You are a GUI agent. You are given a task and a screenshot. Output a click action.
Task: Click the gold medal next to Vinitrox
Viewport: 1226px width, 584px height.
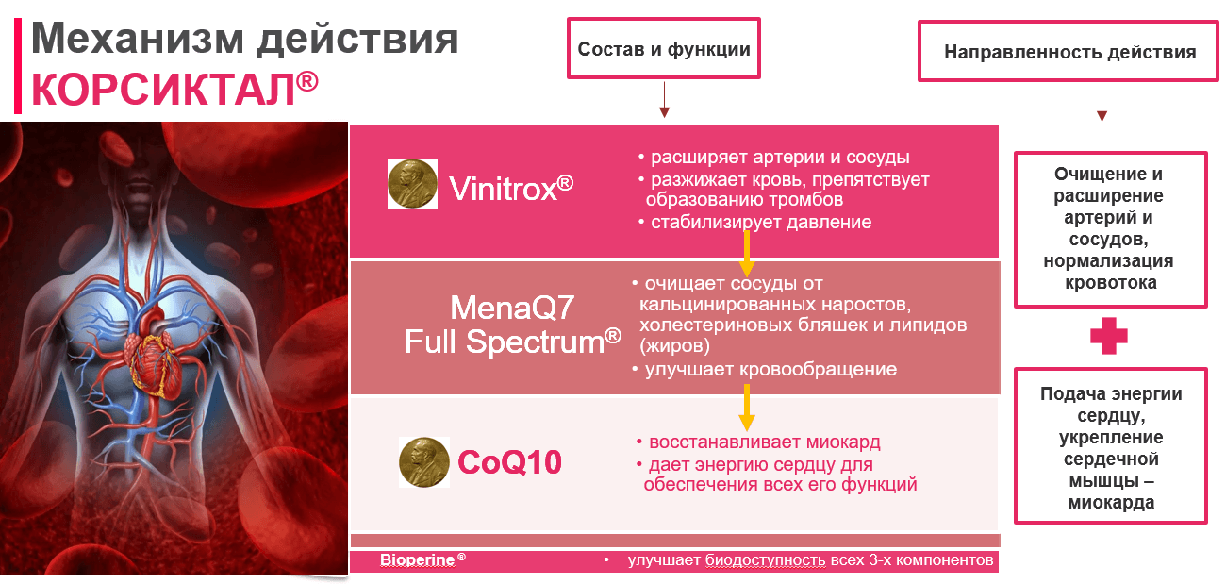click(412, 183)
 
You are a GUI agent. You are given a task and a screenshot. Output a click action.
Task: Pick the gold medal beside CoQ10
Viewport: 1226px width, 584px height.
click(424, 462)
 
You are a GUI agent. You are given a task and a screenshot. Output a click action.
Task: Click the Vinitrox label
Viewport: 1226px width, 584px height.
click(511, 189)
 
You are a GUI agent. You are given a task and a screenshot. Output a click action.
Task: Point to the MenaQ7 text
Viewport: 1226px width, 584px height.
click(512, 307)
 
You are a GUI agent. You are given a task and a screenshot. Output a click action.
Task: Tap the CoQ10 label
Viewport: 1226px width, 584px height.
click(509, 462)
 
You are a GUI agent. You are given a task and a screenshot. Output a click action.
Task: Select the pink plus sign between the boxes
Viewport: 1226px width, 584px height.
click(1109, 336)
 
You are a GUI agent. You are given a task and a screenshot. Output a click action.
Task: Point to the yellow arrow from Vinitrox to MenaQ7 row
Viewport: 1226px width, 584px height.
click(747, 254)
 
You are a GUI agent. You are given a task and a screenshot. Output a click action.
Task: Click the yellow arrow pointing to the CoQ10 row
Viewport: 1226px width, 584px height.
click(747, 408)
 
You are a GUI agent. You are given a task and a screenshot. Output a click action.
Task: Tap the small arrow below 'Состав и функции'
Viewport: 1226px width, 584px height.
click(664, 100)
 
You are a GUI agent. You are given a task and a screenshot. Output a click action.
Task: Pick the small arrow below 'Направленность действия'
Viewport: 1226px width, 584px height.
click(1102, 103)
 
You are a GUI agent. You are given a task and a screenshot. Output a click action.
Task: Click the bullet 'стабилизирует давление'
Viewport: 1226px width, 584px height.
click(755, 223)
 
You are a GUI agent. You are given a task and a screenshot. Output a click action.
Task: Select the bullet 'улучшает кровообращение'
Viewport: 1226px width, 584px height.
click(765, 370)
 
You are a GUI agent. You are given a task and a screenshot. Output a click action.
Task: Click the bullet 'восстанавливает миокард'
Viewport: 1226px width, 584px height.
click(758, 442)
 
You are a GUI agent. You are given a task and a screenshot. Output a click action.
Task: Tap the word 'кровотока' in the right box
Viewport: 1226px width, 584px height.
click(1111, 283)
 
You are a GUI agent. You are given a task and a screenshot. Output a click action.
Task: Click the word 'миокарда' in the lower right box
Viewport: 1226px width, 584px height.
click(1111, 503)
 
